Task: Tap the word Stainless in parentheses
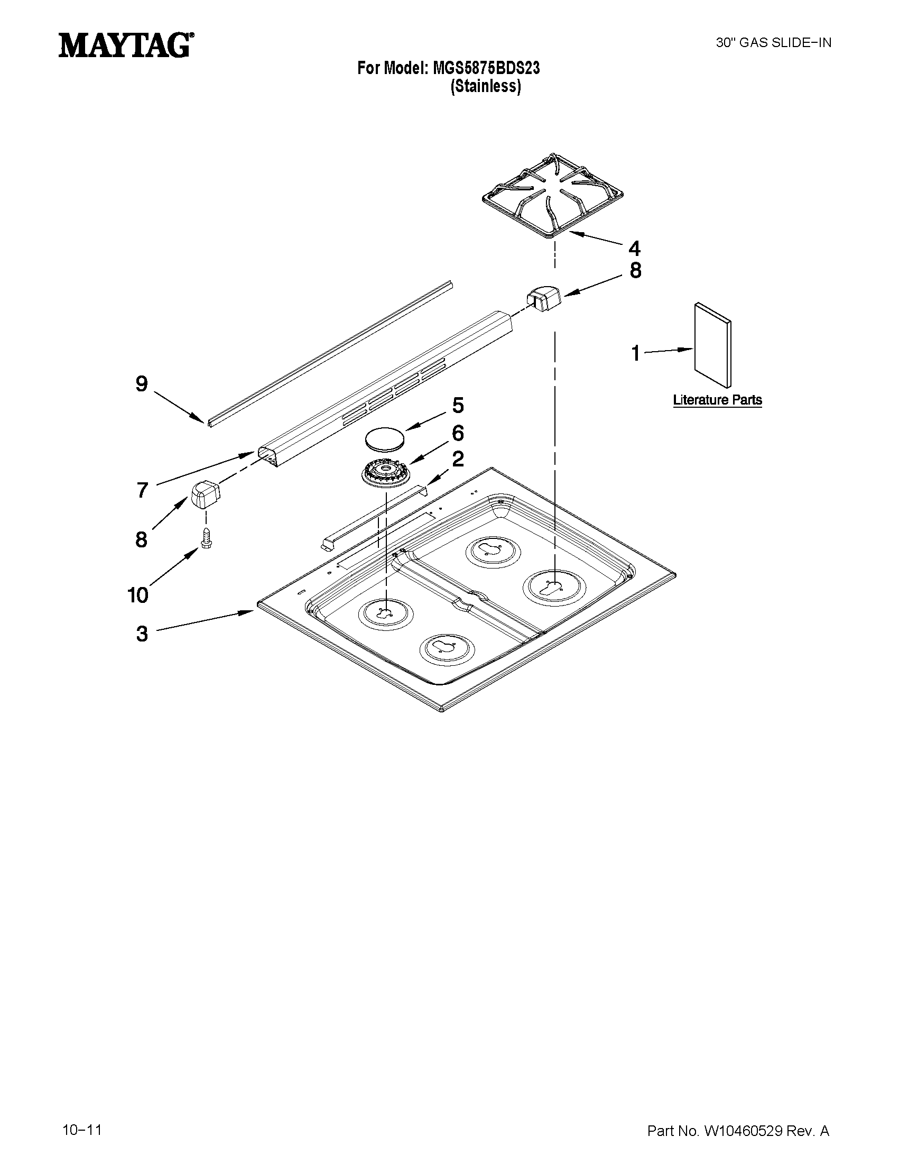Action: click(486, 86)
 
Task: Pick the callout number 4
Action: click(634, 249)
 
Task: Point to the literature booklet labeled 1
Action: click(713, 345)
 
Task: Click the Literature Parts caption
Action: click(717, 400)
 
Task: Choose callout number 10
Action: click(138, 595)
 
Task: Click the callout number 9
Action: click(141, 384)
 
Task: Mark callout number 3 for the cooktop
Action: click(142, 634)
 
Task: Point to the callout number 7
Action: click(142, 490)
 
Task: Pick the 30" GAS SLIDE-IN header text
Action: click(773, 43)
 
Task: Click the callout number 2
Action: click(458, 459)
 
